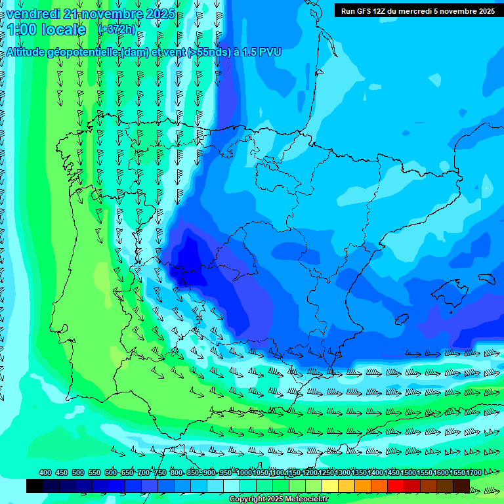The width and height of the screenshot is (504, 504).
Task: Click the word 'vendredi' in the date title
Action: click(x=33, y=14)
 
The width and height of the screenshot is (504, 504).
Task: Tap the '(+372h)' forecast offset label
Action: click(x=116, y=30)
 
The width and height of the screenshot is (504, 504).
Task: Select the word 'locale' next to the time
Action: click(x=64, y=30)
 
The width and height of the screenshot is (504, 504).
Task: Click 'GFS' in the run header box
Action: click(x=369, y=10)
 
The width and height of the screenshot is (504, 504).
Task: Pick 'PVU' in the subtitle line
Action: click(x=270, y=52)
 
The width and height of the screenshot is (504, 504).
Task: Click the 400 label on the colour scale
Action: click(x=45, y=472)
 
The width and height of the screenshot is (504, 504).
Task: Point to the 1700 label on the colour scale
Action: click(x=473, y=472)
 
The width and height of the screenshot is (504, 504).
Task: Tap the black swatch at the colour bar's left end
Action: click(x=35, y=486)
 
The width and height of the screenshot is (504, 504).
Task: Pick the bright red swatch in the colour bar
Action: click(x=396, y=486)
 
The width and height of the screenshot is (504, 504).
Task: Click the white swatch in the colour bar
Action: click(x=232, y=486)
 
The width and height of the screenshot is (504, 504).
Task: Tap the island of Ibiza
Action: click(x=402, y=319)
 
